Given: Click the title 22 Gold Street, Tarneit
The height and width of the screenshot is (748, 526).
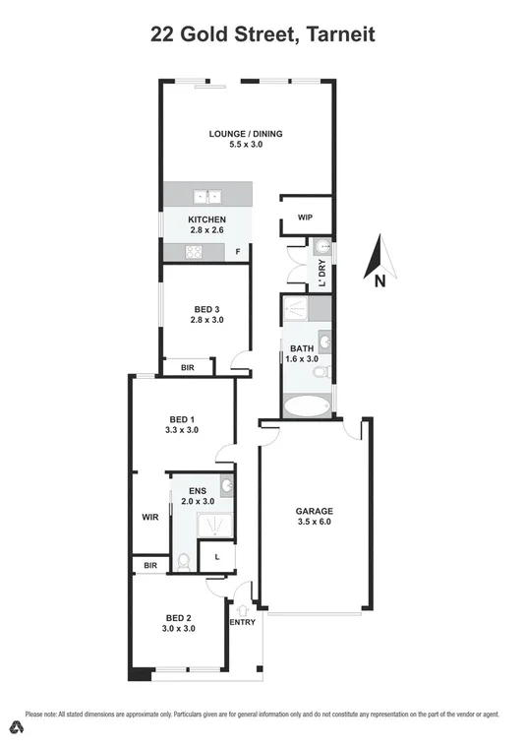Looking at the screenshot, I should [x=263, y=36].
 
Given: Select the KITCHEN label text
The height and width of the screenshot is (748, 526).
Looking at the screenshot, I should [x=208, y=218].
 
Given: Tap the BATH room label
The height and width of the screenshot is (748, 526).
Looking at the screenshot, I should [x=300, y=348].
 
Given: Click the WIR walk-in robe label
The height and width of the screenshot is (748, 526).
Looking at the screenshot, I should [x=150, y=516].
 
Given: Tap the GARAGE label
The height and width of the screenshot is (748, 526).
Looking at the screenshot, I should [x=316, y=512].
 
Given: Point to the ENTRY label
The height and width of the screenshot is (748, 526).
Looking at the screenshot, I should [x=242, y=622].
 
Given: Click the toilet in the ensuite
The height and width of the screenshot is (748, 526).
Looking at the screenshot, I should [x=183, y=562].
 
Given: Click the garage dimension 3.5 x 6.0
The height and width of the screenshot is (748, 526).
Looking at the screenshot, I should [x=316, y=524].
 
